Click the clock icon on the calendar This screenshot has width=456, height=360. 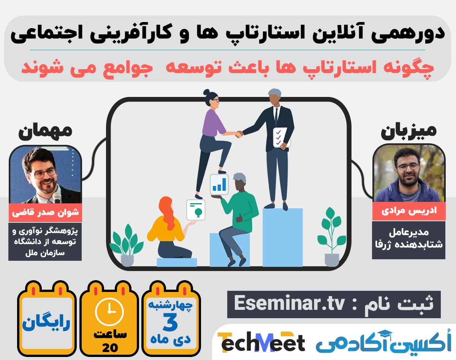tap(109, 311)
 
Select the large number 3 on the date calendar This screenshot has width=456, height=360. tap(170, 322)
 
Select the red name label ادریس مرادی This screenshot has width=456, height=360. tap(408, 211)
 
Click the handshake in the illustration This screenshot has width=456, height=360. tap(239, 134)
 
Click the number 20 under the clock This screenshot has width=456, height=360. tap(110, 347)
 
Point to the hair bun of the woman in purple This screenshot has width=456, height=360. tap(206, 92)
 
